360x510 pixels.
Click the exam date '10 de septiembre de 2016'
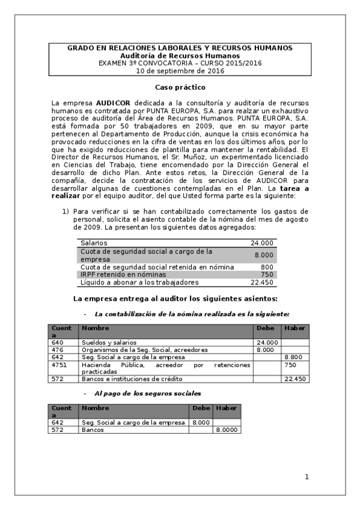point(180,71)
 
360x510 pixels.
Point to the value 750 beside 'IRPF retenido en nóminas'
point(267,274)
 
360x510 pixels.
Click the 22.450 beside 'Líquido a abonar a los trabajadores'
point(262,282)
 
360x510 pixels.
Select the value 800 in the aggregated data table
point(267,266)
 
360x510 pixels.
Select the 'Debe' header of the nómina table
point(265,328)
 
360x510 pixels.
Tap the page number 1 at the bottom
point(307,477)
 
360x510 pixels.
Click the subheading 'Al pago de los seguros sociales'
point(147,393)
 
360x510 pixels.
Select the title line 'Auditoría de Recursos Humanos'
point(180,55)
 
